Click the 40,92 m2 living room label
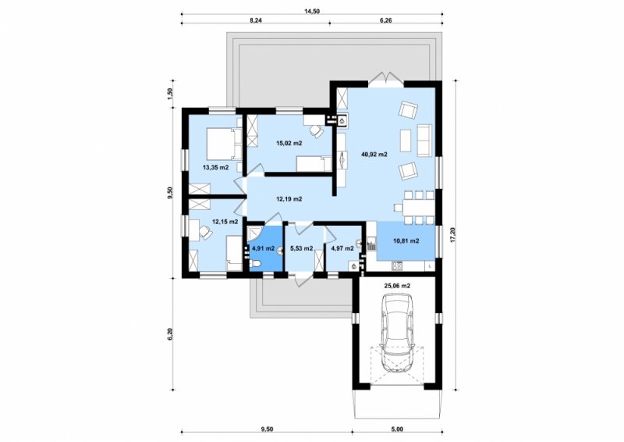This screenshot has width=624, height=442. [x=374, y=155]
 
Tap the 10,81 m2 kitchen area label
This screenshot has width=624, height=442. [x=406, y=241]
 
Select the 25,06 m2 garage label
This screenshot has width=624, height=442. [x=397, y=285]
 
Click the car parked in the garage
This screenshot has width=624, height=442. [x=396, y=333]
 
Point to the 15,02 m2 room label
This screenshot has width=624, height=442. [x=289, y=143]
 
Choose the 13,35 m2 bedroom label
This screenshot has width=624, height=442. [x=216, y=167]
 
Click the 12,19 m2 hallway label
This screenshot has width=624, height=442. [x=289, y=198]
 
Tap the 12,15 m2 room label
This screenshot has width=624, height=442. [x=225, y=221]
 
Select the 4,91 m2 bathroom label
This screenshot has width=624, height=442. [x=264, y=248]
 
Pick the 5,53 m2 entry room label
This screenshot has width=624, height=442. [x=302, y=248]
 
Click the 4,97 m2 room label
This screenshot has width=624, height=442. [x=342, y=248]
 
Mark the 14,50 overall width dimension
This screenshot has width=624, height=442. [x=312, y=11]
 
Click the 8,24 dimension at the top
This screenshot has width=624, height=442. [x=256, y=20]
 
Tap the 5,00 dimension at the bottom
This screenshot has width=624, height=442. [x=398, y=429]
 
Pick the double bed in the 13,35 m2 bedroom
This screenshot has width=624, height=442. [x=220, y=144]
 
